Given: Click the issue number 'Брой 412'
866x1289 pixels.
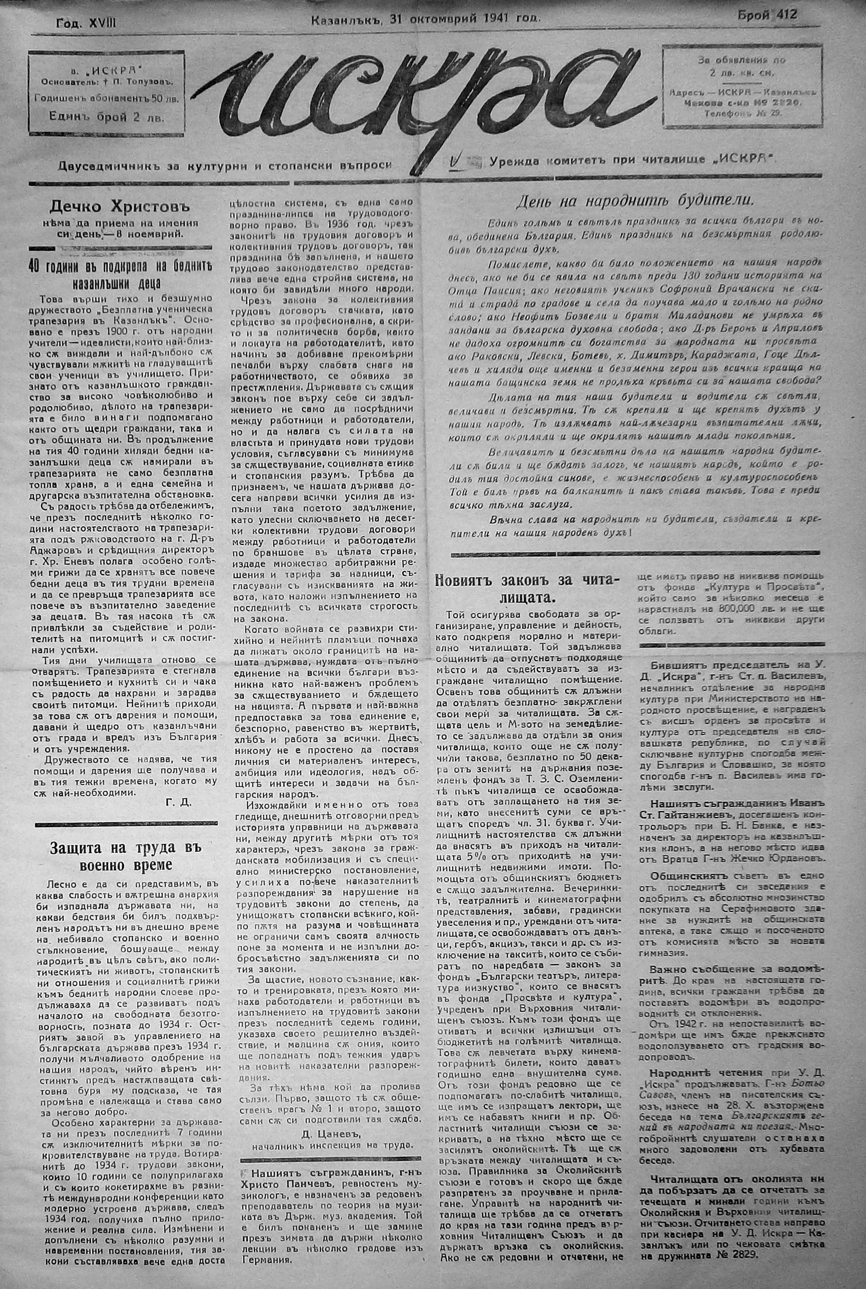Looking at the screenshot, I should pos(767,15).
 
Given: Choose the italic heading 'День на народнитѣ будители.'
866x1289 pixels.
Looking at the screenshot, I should pos(635,201).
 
